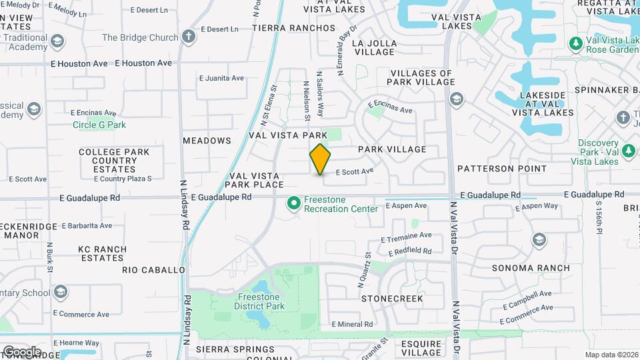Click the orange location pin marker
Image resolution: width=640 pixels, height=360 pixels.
point(320,159)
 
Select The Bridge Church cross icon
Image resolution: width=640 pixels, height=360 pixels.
point(189,37)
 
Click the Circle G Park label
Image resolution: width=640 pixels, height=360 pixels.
point(99,125)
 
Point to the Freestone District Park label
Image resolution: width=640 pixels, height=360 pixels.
point(259,301)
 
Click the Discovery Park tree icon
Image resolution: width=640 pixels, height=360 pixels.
point(627,152)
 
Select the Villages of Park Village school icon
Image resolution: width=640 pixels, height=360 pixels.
point(457,100)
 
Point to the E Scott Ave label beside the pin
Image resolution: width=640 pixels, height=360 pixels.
point(354,171)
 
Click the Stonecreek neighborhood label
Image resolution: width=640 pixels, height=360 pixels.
point(392,299)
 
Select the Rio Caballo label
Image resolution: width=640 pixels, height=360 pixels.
point(153,270)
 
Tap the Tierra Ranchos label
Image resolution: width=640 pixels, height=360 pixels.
point(293,28)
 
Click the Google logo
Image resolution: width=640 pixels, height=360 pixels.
point(21,351)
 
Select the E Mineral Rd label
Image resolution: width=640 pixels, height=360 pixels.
point(352,325)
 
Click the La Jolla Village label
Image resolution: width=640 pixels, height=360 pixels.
point(374,48)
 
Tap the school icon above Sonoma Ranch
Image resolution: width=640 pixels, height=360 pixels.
point(539,240)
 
